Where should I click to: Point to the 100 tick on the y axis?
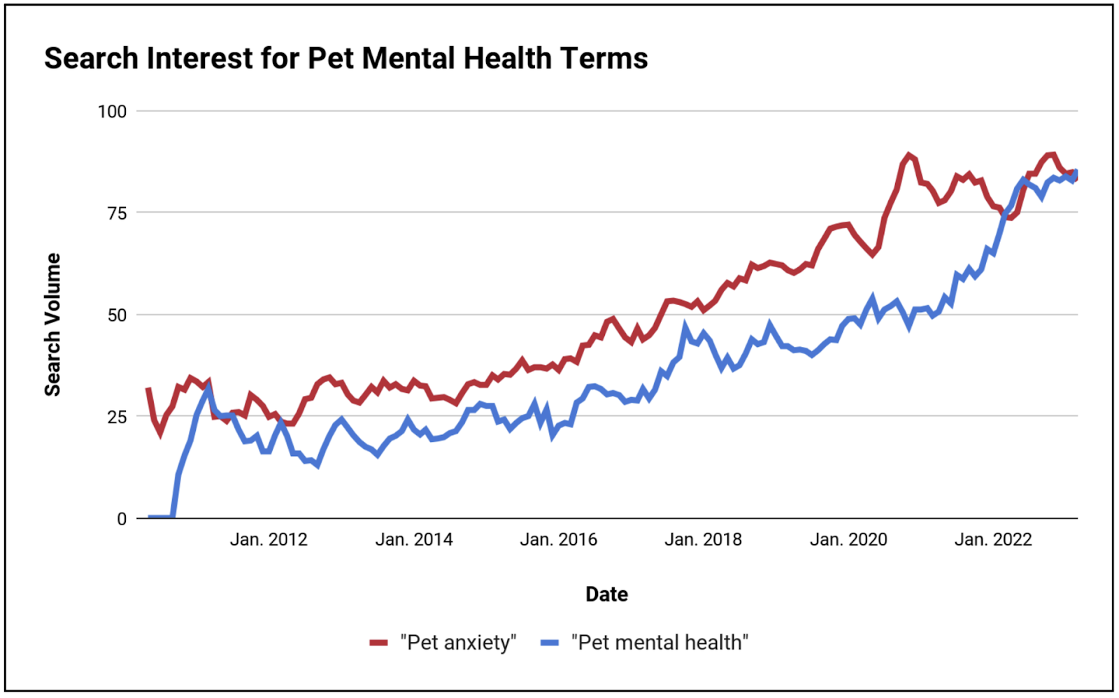pyautogui.click(x=112, y=111)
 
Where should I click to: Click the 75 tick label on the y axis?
pyautogui.click(x=117, y=213)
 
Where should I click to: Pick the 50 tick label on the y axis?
pyautogui.click(x=117, y=315)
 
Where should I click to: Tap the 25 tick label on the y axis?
pyautogui.click(x=117, y=418)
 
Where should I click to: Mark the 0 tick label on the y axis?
pyautogui.click(x=122, y=519)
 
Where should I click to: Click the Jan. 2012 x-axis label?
pyautogui.click(x=269, y=540)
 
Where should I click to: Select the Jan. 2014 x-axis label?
pyautogui.click(x=413, y=540)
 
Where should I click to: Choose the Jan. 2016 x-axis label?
pyautogui.click(x=558, y=540)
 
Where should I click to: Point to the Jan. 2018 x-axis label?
pyautogui.click(x=703, y=540)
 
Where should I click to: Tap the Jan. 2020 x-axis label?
pyautogui.click(x=848, y=540)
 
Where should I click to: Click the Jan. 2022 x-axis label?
pyautogui.click(x=993, y=540)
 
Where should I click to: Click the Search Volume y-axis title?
pyautogui.click(x=53, y=325)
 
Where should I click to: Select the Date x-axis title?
pyautogui.click(x=606, y=594)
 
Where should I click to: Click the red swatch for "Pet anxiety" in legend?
pyautogui.click(x=378, y=643)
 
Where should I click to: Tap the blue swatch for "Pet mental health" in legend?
pyautogui.click(x=550, y=643)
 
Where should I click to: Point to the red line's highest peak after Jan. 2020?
pyautogui.click(x=908, y=156)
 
